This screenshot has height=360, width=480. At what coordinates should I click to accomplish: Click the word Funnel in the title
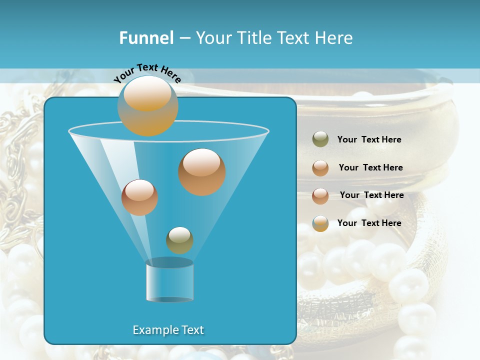[146, 38]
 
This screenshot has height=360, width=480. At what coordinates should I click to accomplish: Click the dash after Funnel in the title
[184, 38]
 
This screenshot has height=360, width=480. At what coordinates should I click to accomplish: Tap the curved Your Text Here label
[147, 73]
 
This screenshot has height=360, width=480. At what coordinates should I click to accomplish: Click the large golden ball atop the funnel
[147, 105]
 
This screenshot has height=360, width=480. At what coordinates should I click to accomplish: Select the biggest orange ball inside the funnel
[202, 171]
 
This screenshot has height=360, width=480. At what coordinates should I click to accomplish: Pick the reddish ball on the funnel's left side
[139, 197]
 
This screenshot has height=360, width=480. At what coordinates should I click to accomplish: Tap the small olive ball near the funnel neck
[179, 240]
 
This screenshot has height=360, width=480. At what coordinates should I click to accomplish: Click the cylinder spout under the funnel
[169, 281]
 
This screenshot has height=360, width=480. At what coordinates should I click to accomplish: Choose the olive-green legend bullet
[320, 139]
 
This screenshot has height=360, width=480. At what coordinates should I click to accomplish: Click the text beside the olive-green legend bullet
[369, 139]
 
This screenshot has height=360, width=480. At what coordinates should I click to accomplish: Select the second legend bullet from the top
[320, 168]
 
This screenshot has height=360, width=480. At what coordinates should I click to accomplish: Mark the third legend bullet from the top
[320, 196]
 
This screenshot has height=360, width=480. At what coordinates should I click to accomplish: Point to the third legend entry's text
[371, 195]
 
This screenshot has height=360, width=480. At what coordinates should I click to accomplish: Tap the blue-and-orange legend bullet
[320, 223]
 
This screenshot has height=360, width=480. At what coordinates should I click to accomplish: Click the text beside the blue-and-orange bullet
[369, 223]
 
